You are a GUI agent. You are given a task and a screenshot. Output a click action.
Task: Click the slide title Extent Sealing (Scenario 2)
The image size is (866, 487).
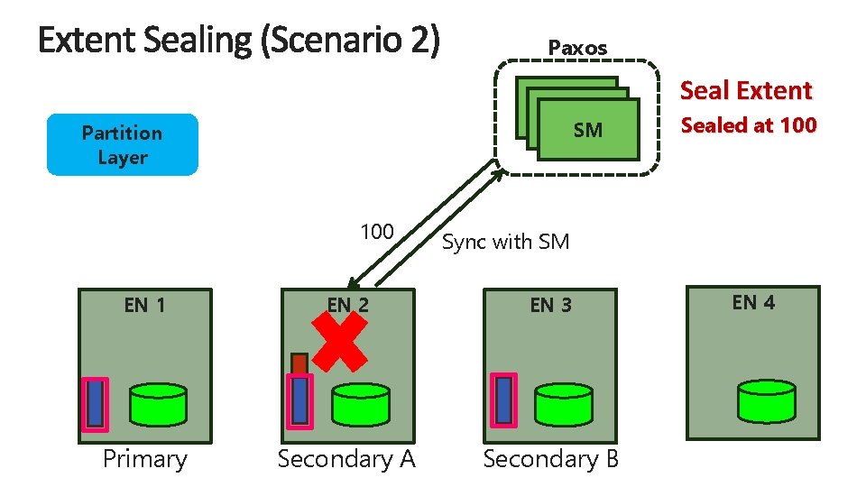pyautogui.click(x=239, y=41)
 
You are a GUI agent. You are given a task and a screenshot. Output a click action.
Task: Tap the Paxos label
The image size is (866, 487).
pyautogui.click(x=578, y=48)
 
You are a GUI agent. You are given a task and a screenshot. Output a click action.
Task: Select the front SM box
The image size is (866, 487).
pyautogui.click(x=587, y=131)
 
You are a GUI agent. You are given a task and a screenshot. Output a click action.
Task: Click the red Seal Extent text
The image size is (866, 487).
pyautogui.click(x=746, y=90)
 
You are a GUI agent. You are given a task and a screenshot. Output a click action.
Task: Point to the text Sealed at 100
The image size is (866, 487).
pyautogui.click(x=749, y=125)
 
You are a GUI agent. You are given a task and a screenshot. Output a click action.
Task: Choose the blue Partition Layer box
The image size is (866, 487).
pyautogui.click(x=122, y=144)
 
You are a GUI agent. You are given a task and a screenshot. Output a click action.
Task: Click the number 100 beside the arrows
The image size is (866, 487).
pyautogui.click(x=376, y=232)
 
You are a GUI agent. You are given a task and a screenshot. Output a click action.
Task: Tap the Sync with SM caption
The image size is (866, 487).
pyautogui.click(x=506, y=241)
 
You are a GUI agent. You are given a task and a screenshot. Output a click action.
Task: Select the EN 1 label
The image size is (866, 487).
pyautogui.click(x=144, y=305)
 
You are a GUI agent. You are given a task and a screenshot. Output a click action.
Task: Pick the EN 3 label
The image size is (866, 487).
pyautogui.click(x=550, y=305)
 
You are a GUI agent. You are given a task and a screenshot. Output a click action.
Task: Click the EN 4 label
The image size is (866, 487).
pyautogui.click(x=753, y=303)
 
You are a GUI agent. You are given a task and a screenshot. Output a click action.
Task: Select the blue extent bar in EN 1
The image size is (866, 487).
pyautogui.click(x=95, y=402)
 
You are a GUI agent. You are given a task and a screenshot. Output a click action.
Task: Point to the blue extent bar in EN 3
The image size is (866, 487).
pyautogui.click(x=503, y=400)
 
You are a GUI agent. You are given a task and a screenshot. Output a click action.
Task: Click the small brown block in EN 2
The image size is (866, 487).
pyautogui.click(x=299, y=363)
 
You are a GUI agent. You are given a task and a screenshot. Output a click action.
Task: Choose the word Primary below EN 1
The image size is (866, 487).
pyautogui.click(x=144, y=459)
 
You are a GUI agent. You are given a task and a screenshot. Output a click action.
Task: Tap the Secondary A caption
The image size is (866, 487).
pyautogui.click(x=346, y=459)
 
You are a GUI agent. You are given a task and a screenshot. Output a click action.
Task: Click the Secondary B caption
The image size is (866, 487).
pyautogui.click(x=551, y=459)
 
